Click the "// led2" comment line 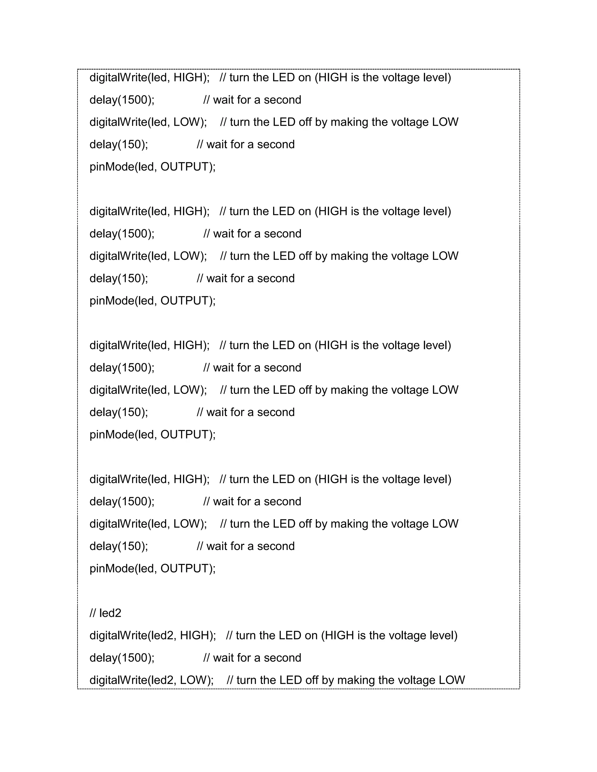point(106,613)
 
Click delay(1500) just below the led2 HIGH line point(122,658)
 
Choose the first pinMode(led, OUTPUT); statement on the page point(152,166)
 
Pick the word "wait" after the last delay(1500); point(223,658)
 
